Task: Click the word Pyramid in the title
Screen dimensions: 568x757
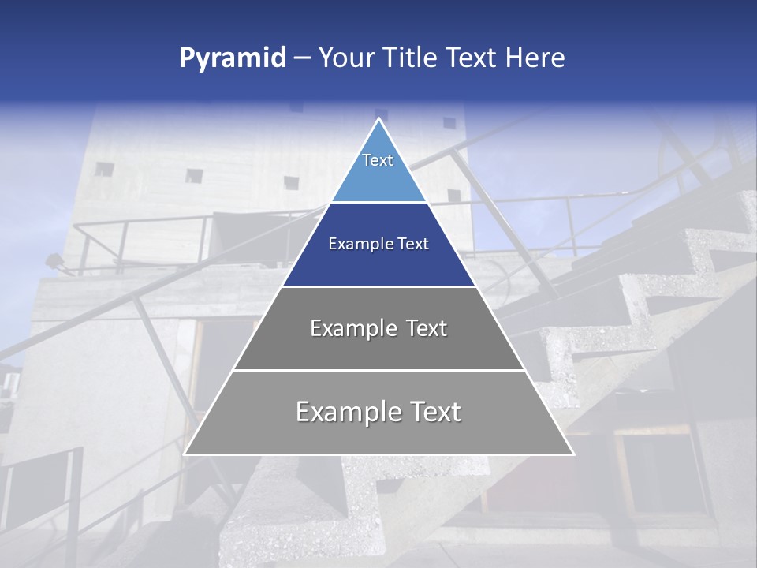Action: point(233,58)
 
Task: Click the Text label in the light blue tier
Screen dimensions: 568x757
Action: point(378,160)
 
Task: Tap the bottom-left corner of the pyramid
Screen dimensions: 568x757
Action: point(185,454)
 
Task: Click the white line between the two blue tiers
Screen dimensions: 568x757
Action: point(378,203)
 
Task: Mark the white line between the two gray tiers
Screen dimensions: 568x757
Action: point(378,370)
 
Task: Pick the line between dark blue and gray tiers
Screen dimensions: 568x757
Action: point(378,286)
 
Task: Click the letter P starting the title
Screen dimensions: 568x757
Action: point(187,58)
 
